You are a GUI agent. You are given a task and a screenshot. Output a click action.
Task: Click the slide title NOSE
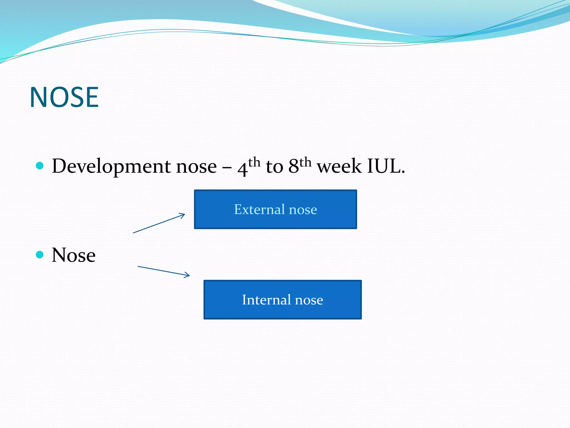[x=64, y=97]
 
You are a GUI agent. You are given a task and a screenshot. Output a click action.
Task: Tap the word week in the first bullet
[x=340, y=166]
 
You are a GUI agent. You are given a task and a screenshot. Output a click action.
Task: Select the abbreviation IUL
[x=386, y=166]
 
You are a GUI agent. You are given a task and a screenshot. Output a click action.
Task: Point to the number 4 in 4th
[x=242, y=169]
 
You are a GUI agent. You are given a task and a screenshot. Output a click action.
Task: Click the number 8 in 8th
[x=294, y=166]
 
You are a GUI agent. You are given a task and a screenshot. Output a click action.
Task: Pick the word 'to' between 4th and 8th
[x=274, y=167]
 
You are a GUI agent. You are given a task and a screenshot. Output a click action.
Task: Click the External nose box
[x=276, y=209]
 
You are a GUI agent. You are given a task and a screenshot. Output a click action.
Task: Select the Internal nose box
[x=282, y=300]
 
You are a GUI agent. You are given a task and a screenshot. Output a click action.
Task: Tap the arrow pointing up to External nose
[x=159, y=223]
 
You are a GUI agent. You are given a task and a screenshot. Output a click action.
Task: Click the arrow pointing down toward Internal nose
[x=164, y=271]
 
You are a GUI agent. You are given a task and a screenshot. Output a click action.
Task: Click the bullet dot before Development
[x=40, y=166]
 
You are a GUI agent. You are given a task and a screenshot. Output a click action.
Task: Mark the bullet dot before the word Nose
[x=40, y=255]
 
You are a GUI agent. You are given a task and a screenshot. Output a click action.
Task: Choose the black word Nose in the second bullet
[x=74, y=255]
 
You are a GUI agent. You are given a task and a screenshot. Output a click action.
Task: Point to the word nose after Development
[x=196, y=167]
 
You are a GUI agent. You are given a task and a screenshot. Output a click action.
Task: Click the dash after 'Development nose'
[x=227, y=168]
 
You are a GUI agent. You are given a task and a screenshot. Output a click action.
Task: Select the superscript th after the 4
[x=254, y=162]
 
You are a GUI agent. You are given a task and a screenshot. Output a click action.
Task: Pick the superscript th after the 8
[x=305, y=162]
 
